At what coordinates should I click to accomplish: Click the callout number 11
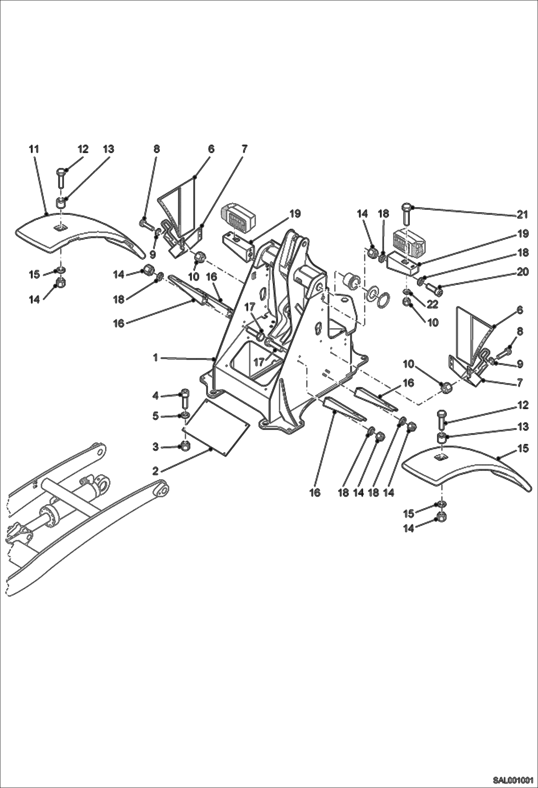[x=34, y=149]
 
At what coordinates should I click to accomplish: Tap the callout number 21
[x=522, y=215]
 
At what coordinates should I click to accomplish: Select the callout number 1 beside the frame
[x=156, y=358]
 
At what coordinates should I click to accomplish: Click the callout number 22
[x=433, y=304]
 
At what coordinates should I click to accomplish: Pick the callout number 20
[x=522, y=272]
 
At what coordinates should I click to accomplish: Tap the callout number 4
[x=156, y=396]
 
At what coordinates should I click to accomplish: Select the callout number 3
[x=156, y=447]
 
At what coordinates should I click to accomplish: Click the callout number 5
[x=156, y=416]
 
